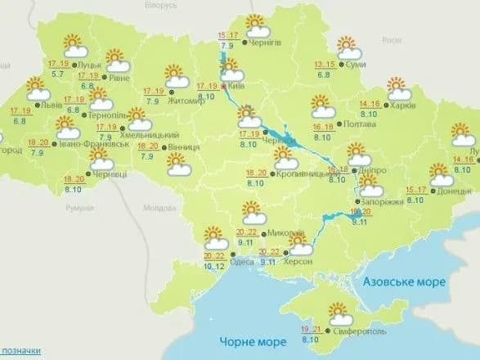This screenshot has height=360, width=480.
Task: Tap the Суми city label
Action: coord(356,64)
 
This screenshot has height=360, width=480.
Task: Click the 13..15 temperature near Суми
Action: coord(325,65)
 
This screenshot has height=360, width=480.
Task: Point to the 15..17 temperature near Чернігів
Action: coord(229,35)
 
